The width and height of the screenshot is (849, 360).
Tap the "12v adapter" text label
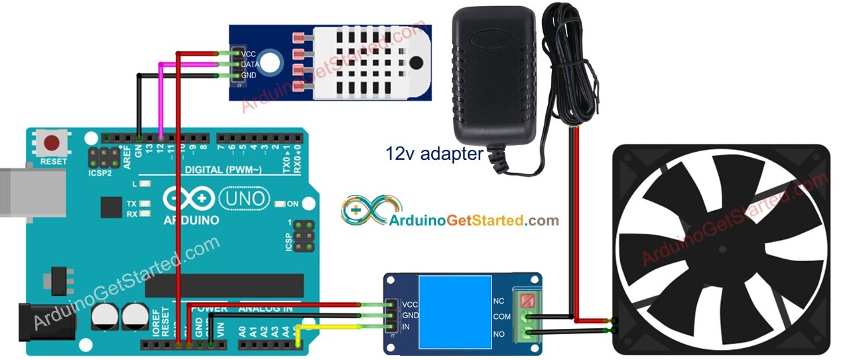coord(434,154)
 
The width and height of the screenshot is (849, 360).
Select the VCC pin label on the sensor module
coord(249,54)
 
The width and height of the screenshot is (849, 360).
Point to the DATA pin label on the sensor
coord(250,64)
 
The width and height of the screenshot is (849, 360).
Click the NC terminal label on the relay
coord(499,300)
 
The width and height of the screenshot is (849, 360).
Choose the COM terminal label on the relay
coord(502,317)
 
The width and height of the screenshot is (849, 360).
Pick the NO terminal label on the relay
coord(499,333)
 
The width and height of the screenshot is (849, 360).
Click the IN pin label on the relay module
coord(406,326)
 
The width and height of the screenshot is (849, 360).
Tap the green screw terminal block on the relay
coord(527,317)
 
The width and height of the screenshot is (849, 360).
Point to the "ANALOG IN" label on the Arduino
coord(265,308)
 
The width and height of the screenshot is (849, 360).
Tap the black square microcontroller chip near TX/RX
coord(111,207)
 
